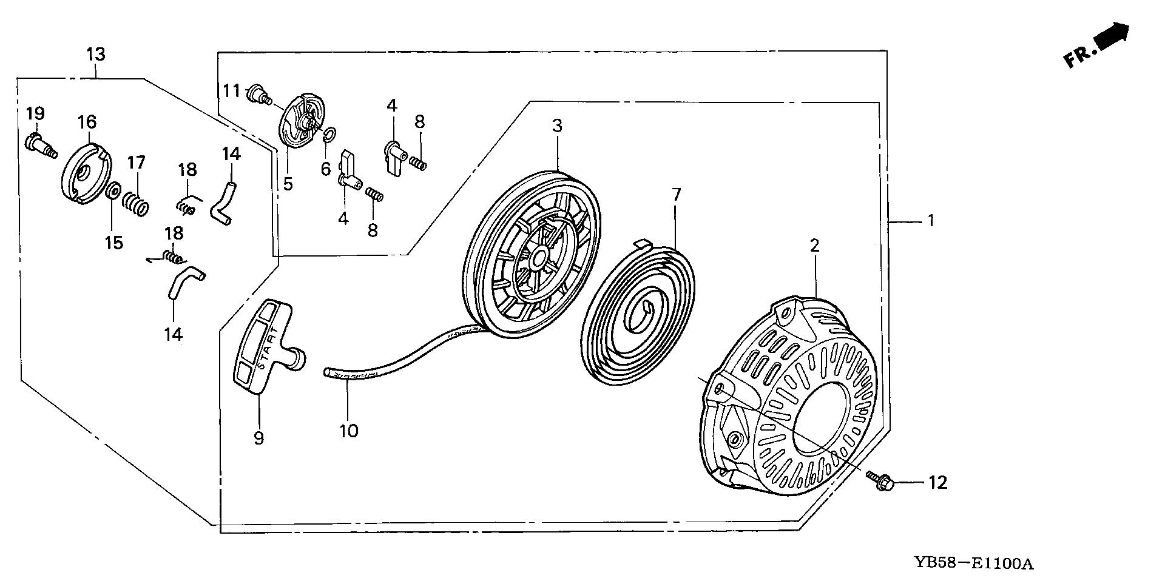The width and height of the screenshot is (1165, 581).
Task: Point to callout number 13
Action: (96, 55)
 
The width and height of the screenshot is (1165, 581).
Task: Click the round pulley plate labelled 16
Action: (87, 170)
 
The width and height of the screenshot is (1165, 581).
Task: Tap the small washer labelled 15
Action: (113, 192)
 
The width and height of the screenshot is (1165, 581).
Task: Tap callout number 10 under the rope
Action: (349, 431)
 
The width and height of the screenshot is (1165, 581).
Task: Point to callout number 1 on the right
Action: (931, 221)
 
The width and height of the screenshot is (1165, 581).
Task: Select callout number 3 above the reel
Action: (556, 126)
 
